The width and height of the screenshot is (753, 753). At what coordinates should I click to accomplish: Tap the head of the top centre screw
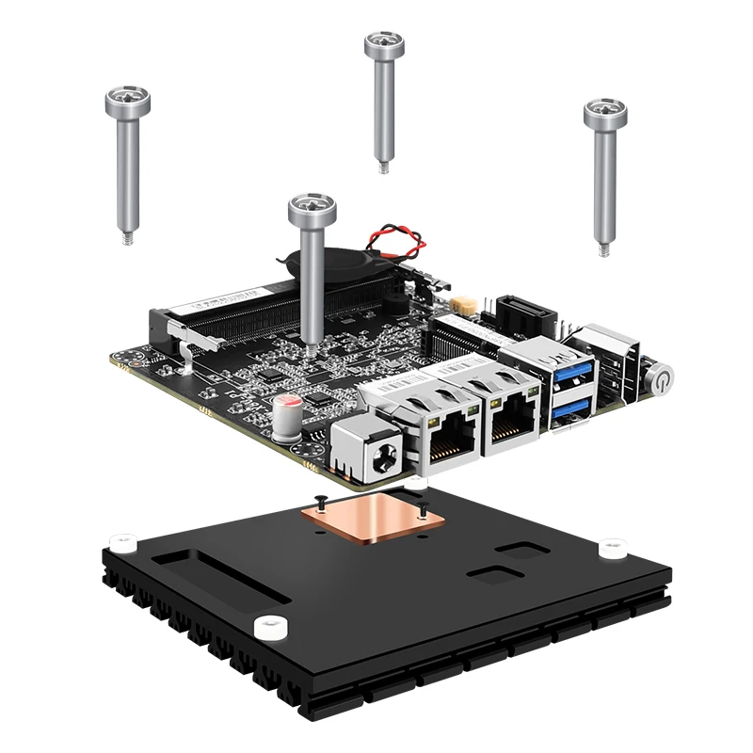(x=385, y=42)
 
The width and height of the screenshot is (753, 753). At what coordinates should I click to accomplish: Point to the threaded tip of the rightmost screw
(x=602, y=248)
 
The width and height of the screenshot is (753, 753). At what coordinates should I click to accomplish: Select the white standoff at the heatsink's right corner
(x=612, y=546)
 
